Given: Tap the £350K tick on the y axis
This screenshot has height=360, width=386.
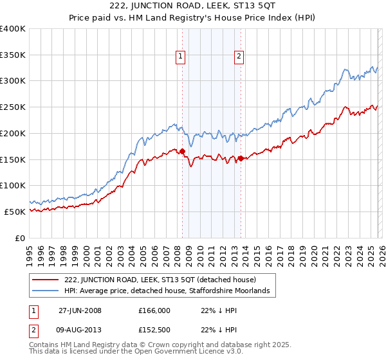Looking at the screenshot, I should pyautogui.click(x=13, y=55).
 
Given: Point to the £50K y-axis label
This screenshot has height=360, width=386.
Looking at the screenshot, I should pyautogui.click(x=15, y=212).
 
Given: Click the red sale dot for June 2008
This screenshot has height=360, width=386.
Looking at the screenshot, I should pyautogui.click(x=183, y=152).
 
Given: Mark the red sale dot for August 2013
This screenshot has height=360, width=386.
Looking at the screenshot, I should pyautogui.click(x=241, y=158).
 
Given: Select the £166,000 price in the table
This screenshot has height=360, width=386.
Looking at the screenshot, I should pyautogui.click(x=154, y=310).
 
